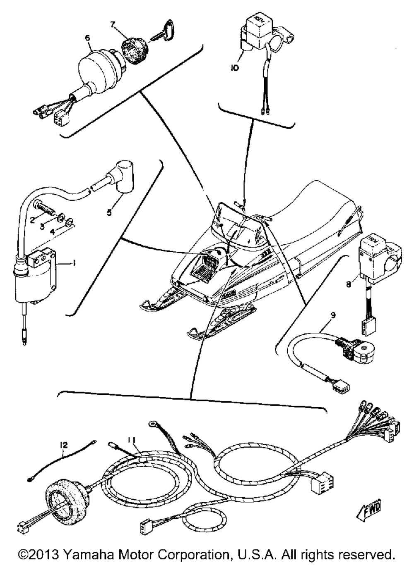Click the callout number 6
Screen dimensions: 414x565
87,38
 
